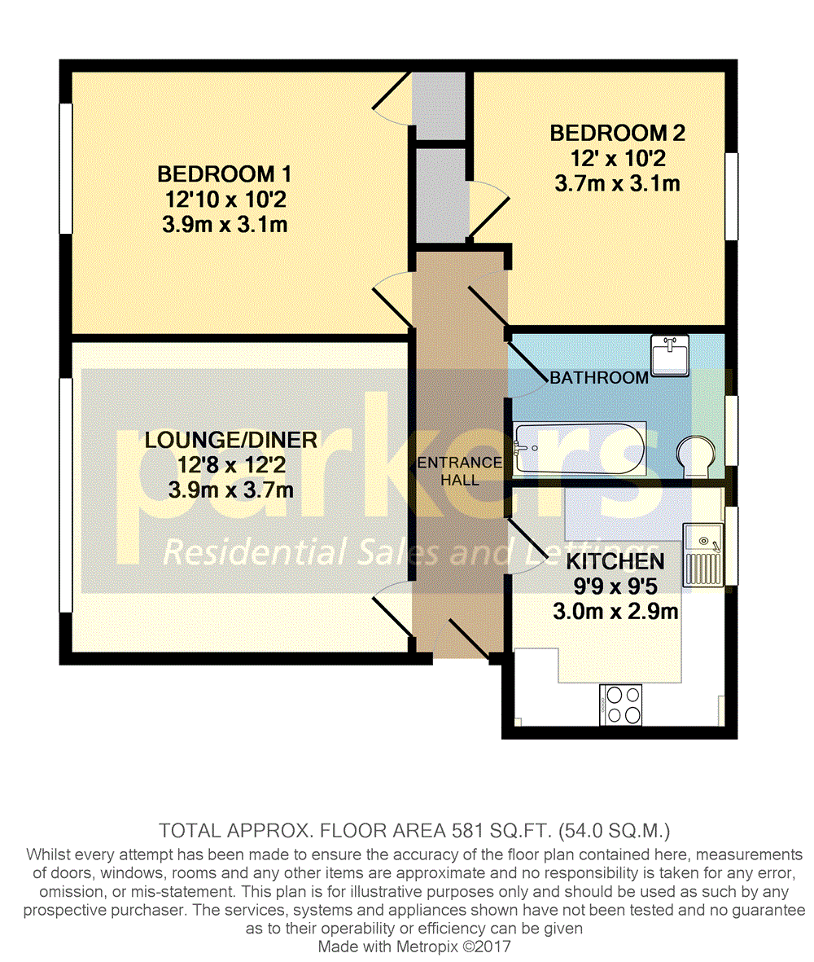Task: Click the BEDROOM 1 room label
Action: click(x=224, y=174)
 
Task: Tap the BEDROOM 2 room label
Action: click(x=618, y=133)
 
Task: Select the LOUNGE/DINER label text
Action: click(x=231, y=440)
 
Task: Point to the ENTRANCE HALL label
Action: click(x=460, y=471)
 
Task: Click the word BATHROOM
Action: click(x=599, y=378)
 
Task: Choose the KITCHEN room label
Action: click(x=615, y=561)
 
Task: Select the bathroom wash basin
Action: click(x=670, y=355)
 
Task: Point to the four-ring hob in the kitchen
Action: click(x=621, y=704)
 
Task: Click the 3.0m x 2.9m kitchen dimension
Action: click(x=615, y=612)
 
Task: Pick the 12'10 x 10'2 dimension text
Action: click(x=224, y=200)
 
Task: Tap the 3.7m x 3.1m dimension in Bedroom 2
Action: click(x=618, y=183)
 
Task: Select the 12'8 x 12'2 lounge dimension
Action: click(x=231, y=465)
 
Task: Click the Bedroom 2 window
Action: click(x=732, y=196)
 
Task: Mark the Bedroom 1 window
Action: click(x=65, y=169)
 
